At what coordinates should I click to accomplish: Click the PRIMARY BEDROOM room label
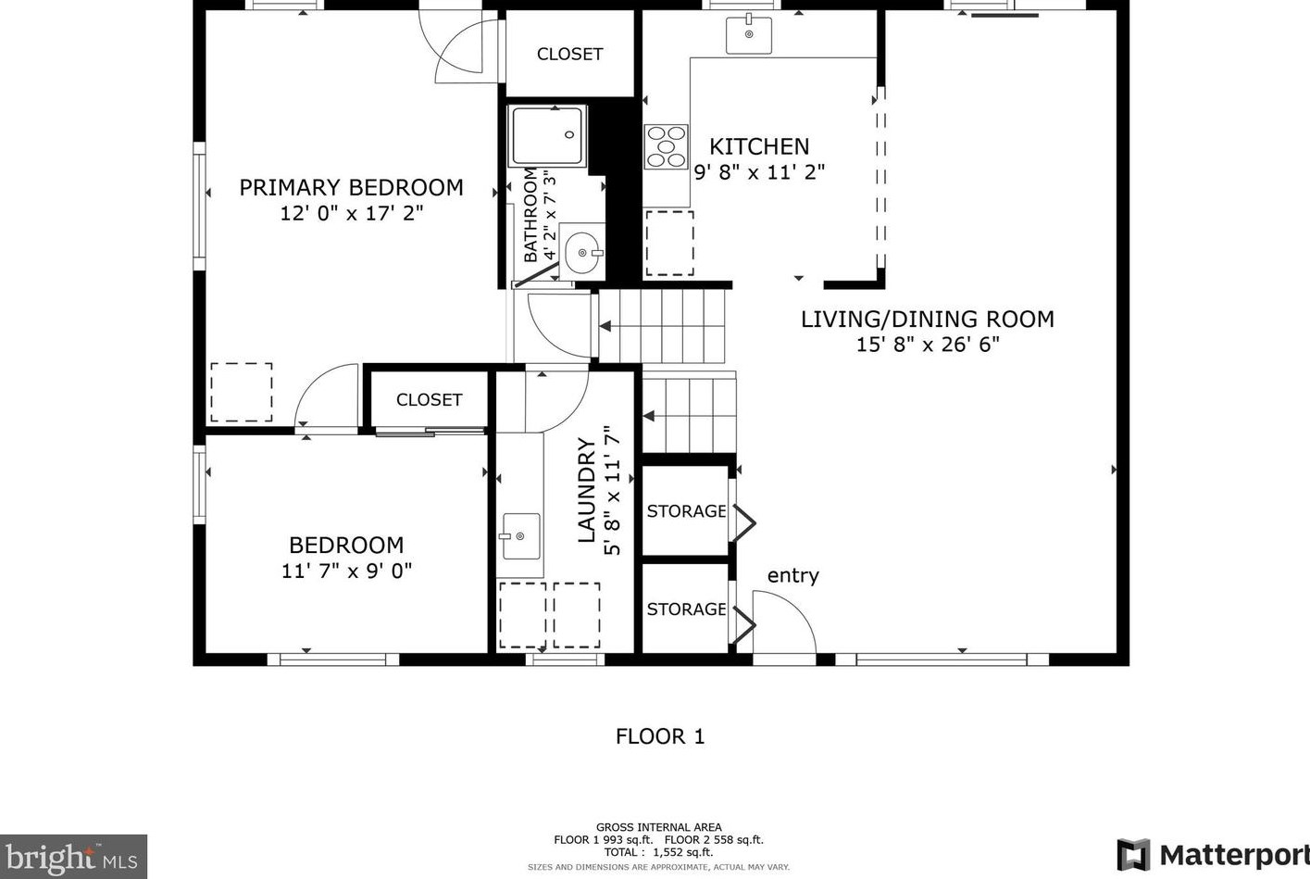point(351,187)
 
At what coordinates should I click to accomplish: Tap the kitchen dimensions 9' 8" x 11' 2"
point(759,171)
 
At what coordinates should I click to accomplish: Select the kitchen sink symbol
point(749,35)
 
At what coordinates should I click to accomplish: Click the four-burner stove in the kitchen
point(666,146)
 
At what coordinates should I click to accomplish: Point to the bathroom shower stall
point(548,136)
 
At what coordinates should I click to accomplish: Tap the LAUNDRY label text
point(586,490)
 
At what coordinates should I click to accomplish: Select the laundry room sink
point(520,536)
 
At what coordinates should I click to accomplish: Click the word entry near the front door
point(792,575)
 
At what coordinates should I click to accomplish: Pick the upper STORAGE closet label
point(686,510)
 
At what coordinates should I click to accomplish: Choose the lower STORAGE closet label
point(686,609)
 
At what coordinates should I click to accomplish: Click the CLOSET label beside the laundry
point(429,399)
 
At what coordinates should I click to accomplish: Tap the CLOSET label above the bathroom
point(569,54)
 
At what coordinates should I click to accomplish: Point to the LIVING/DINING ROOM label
point(927,319)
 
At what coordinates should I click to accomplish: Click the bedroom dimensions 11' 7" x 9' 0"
point(346,571)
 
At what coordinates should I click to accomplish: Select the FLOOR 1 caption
point(660,736)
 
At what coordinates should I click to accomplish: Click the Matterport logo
point(1213,854)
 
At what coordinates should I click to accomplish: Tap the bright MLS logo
point(72,858)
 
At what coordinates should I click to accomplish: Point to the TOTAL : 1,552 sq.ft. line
point(658,852)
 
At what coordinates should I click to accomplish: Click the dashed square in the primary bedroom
point(242,392)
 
